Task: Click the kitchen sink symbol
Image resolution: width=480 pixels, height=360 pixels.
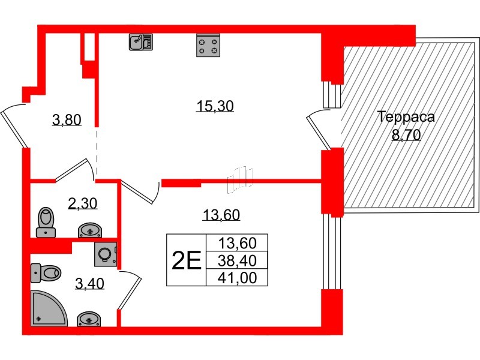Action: tap(141, 41)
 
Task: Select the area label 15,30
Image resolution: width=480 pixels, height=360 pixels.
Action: tap(215, 107)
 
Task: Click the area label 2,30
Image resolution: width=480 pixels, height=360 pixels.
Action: tap(83, 204)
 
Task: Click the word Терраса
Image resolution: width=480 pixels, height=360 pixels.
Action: tap(406, 117)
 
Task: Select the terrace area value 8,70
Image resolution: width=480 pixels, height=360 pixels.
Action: tap(406, 135)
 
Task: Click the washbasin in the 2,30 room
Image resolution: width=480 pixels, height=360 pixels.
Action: tap(91, 230)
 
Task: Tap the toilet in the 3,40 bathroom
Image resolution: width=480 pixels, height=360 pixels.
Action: tap(46, 273)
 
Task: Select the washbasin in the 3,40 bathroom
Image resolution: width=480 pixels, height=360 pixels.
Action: tap(90, 319)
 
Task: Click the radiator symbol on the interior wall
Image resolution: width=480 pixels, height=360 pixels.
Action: tap(240, 179)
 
